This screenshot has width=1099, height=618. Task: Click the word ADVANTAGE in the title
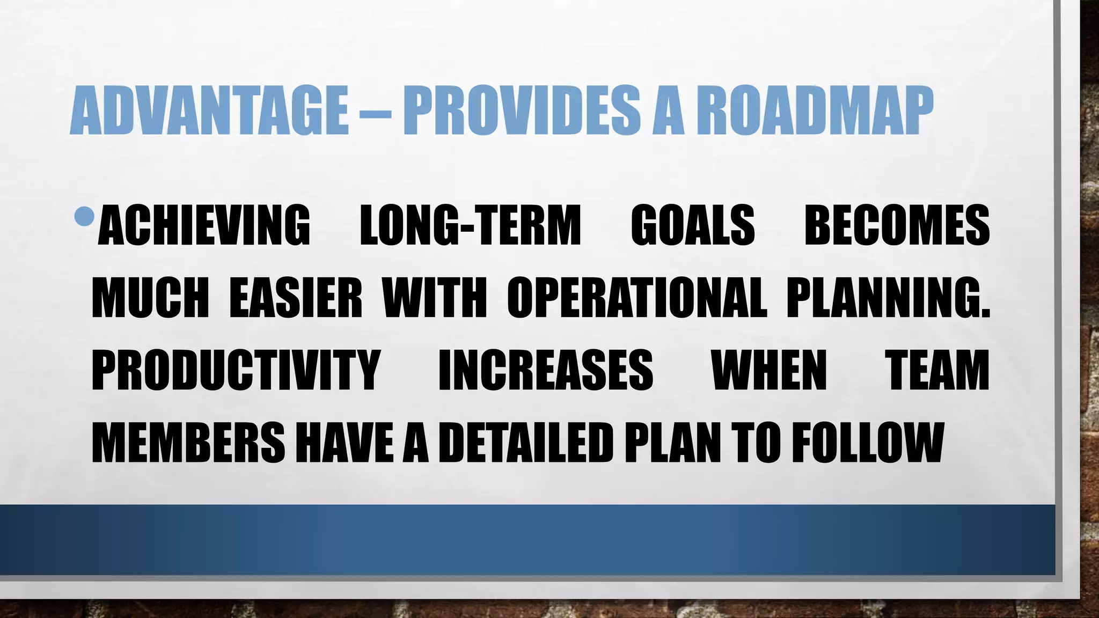(x=209, y=112)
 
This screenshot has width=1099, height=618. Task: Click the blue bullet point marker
(x=85, y=216)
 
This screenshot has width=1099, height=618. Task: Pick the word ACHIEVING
(x=204, y=225)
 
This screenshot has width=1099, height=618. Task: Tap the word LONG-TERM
(x=471, y=225)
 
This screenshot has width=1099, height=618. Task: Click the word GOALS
(x=693, y=225)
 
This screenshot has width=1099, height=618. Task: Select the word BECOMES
(x=897, y=225)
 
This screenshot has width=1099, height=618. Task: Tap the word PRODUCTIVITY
(x=236, y=370)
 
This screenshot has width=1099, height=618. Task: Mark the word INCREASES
(x=546, y=370)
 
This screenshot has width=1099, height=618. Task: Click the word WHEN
(x=769, y=370)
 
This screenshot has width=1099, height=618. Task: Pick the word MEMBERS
(x=188, y=443)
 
